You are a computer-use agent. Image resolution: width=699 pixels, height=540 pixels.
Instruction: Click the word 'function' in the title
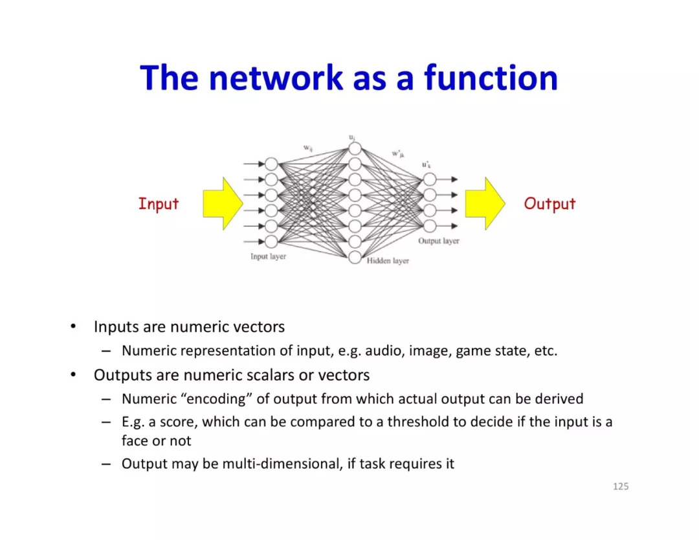(x=491, y=78)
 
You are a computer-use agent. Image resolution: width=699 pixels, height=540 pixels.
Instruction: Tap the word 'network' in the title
(x=276, y=78)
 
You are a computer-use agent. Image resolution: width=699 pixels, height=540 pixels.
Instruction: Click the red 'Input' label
(x=158, y=204)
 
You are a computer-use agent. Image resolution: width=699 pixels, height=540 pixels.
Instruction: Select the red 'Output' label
(x=549, y=204)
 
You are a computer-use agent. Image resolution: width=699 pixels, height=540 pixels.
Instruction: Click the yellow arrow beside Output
(x=485, y=204)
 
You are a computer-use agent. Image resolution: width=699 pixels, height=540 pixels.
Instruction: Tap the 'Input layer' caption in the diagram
(x=268, y=256)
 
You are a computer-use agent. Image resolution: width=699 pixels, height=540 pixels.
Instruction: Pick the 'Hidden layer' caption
(x=388, y=261)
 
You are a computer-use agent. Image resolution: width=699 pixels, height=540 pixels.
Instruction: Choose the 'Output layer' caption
(x=438, y=241)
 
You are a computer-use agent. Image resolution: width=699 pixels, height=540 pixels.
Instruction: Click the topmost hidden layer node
(x=354, y=148)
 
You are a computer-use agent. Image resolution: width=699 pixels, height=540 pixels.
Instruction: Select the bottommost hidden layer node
(x=354, y=257)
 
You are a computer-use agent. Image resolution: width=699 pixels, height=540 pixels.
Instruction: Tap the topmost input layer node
(x=271, y=164)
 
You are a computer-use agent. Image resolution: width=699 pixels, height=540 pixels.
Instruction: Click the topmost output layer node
(x=429, y=179)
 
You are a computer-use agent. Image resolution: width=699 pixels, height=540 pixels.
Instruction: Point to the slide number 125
(x=620, y=486)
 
